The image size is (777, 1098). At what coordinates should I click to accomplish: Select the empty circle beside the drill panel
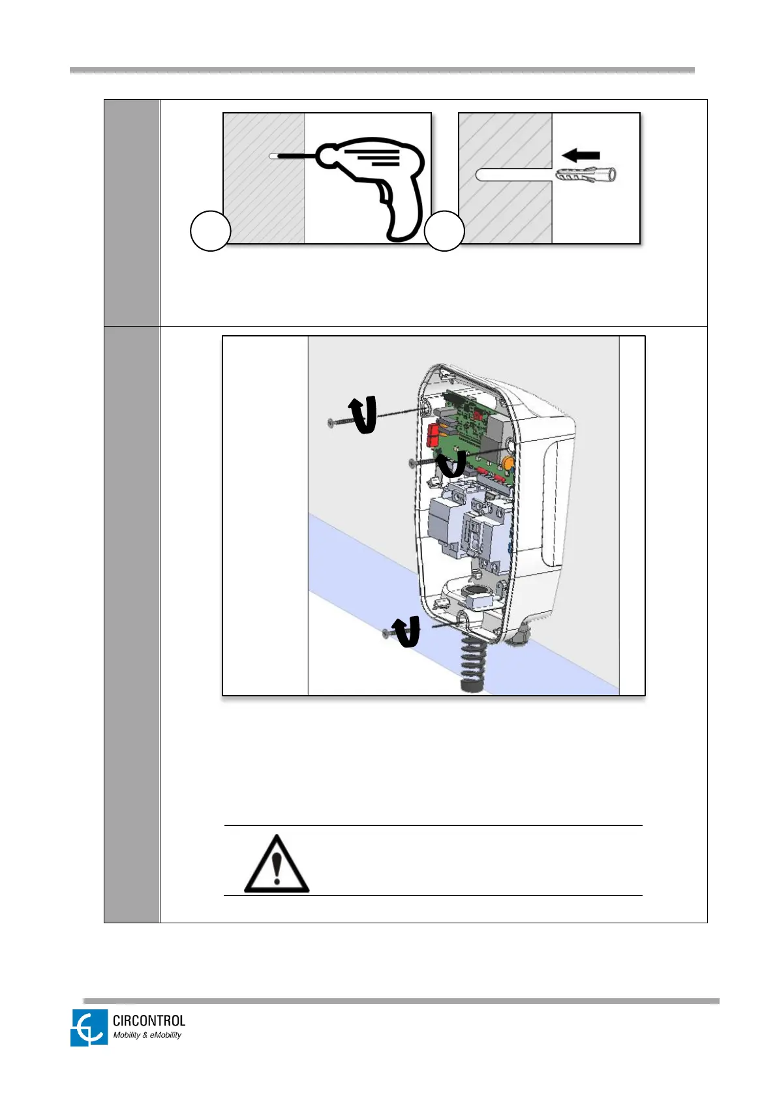pos(210,231)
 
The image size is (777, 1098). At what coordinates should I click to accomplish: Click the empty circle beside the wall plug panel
pos(444,231)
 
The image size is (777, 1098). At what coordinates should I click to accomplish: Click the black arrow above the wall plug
pos(581,155)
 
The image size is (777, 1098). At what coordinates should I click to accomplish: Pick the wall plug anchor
pos(585,175)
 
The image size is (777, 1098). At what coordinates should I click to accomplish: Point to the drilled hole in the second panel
pos(512,175)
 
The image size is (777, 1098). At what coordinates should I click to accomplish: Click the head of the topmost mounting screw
pos(331,423)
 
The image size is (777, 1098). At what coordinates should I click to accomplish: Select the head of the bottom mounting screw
pos(386,632)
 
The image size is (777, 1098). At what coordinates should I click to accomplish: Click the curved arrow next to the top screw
pos(363,415)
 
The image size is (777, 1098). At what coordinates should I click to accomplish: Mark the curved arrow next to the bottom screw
pos(408,632)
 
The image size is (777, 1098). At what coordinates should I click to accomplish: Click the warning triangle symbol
pos(276,864)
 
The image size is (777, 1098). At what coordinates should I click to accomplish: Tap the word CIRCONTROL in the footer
pos(149,1021)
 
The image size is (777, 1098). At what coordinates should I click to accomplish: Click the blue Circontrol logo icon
pos(89,1028)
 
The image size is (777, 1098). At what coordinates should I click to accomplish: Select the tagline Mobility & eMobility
pos(147,1035)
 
